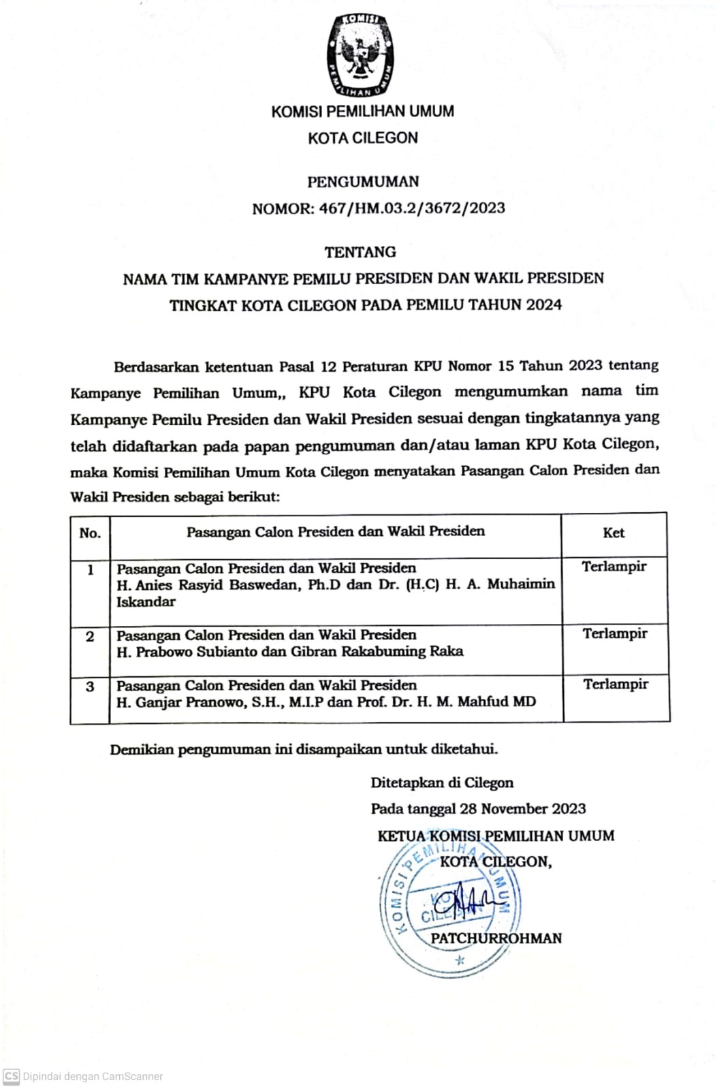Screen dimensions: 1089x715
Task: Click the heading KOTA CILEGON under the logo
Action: pos(362,138)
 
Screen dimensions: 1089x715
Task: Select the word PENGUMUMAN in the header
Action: pos(363,182)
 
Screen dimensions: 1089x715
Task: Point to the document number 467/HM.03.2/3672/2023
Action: pos(412,208)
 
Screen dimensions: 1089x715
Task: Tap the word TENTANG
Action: pos(360,252)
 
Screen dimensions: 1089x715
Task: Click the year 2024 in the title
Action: pos(543,304)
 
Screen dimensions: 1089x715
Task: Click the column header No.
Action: pos(90,533)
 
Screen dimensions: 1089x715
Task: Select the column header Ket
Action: pos(614,533)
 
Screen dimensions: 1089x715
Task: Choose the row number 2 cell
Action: pos(90,637)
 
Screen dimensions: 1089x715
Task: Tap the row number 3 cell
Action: pos(90,686)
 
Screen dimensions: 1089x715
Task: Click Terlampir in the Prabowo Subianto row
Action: pos(615,634)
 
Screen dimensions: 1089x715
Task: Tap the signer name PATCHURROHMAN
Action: pos(496,938)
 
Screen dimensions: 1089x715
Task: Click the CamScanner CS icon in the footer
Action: pos(12,1076)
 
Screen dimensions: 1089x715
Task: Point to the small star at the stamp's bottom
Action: pos(460,960)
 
